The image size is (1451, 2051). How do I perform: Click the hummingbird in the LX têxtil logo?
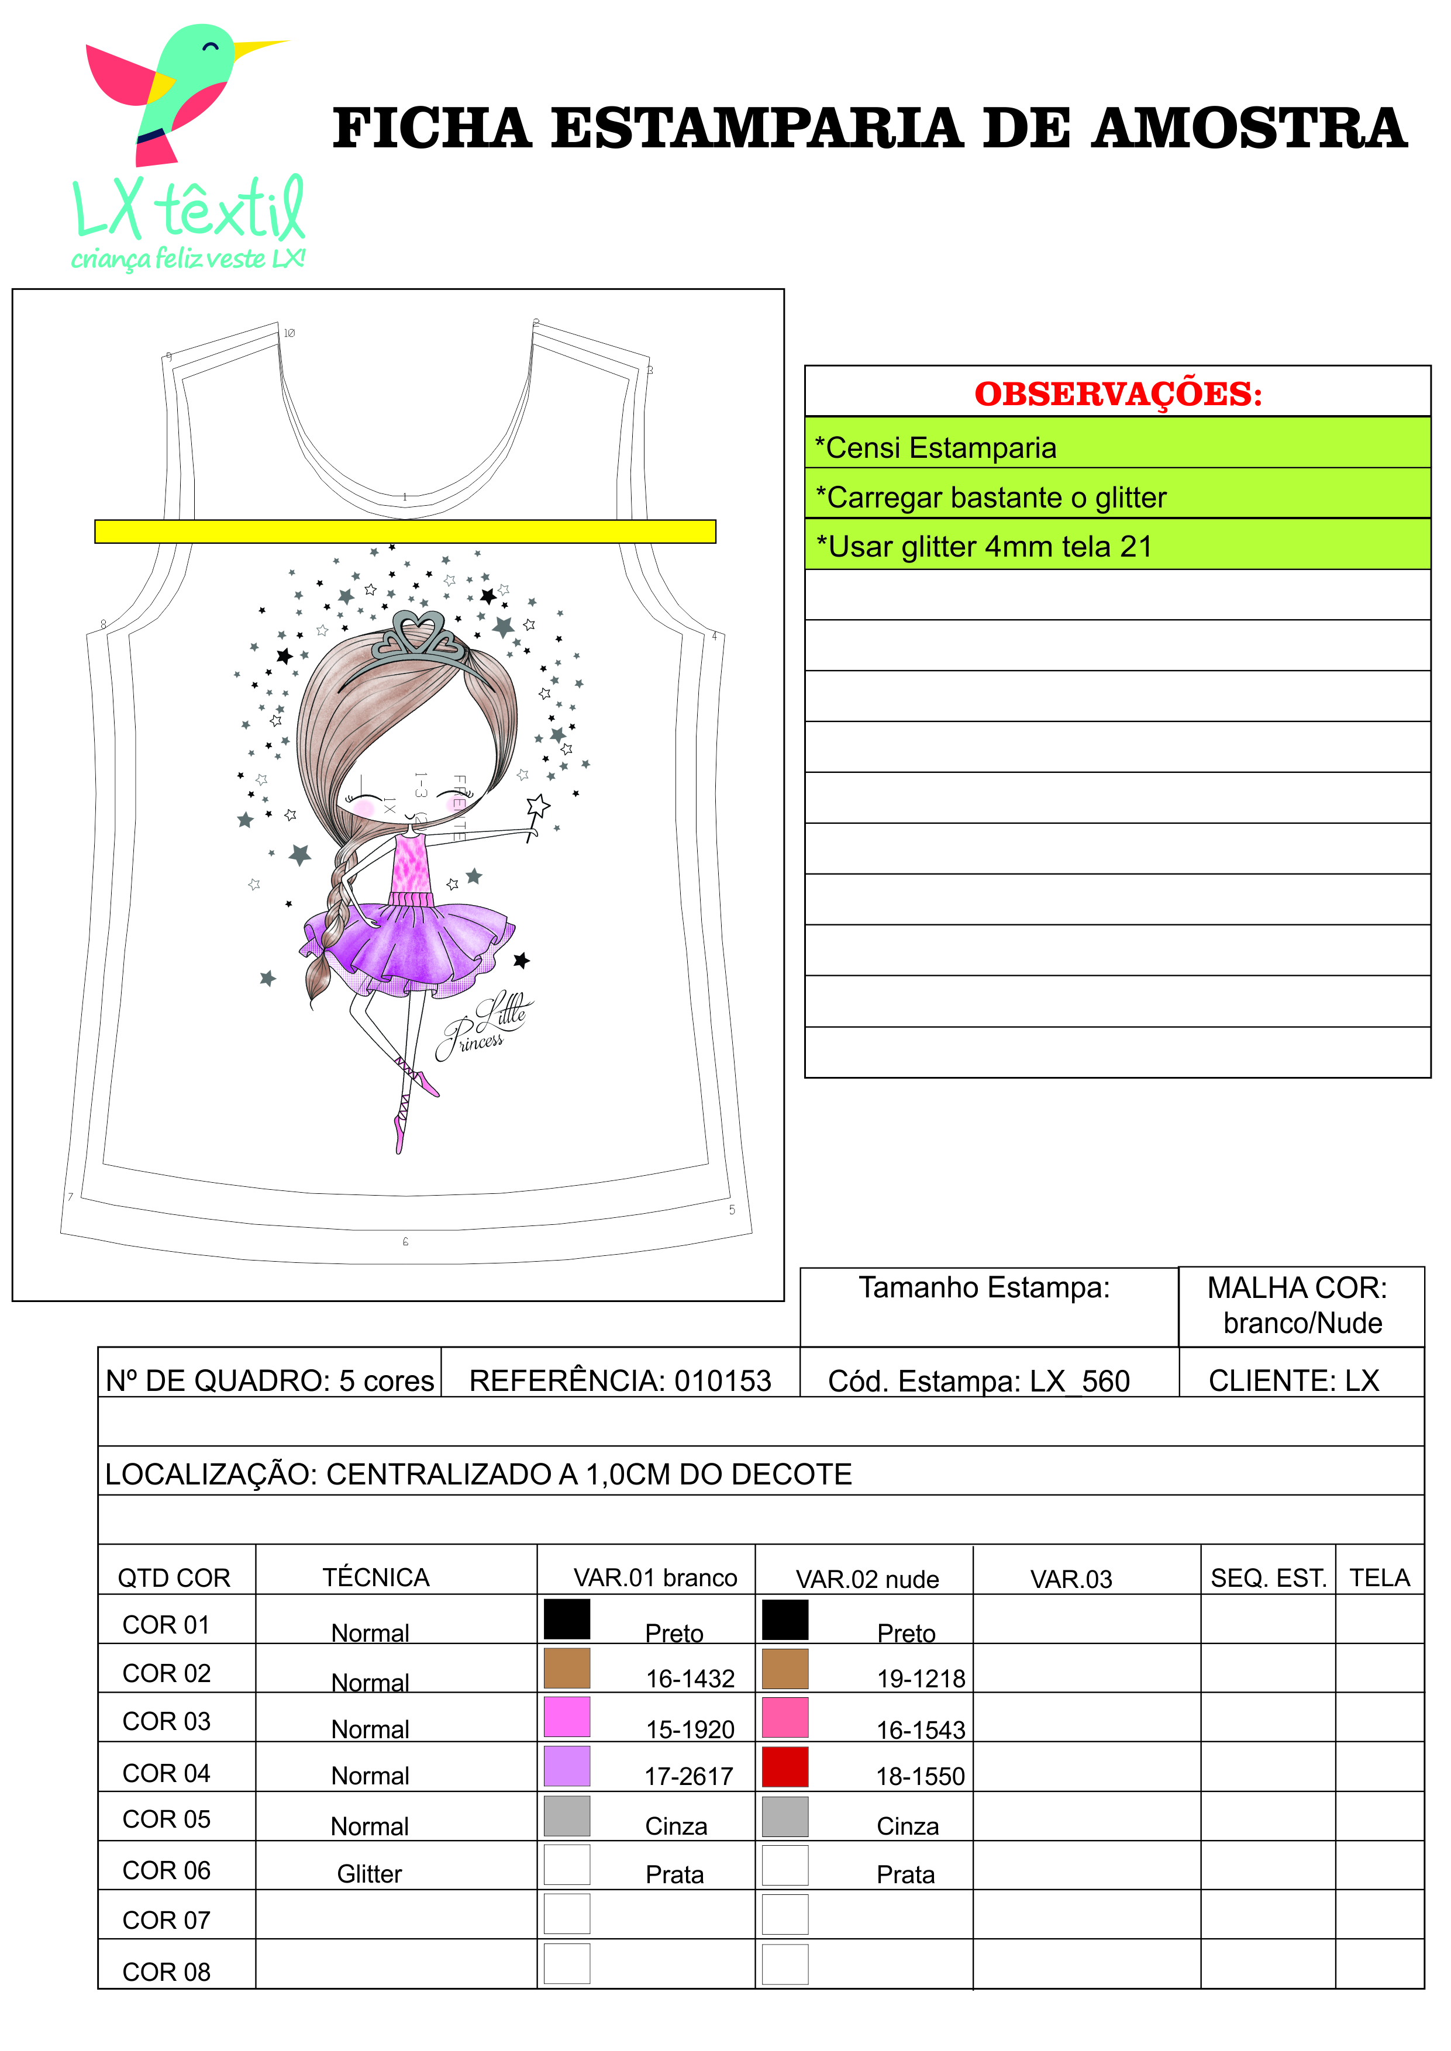coord(179,89)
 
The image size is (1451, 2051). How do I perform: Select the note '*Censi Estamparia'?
coord(936,447)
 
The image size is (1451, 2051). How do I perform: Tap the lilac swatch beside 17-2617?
coord(567,1766)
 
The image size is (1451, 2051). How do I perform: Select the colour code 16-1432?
coord(690,1679)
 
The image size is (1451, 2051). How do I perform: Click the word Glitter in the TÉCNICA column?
coord(369,1874)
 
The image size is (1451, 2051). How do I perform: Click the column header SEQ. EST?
coord(1268,1579)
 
